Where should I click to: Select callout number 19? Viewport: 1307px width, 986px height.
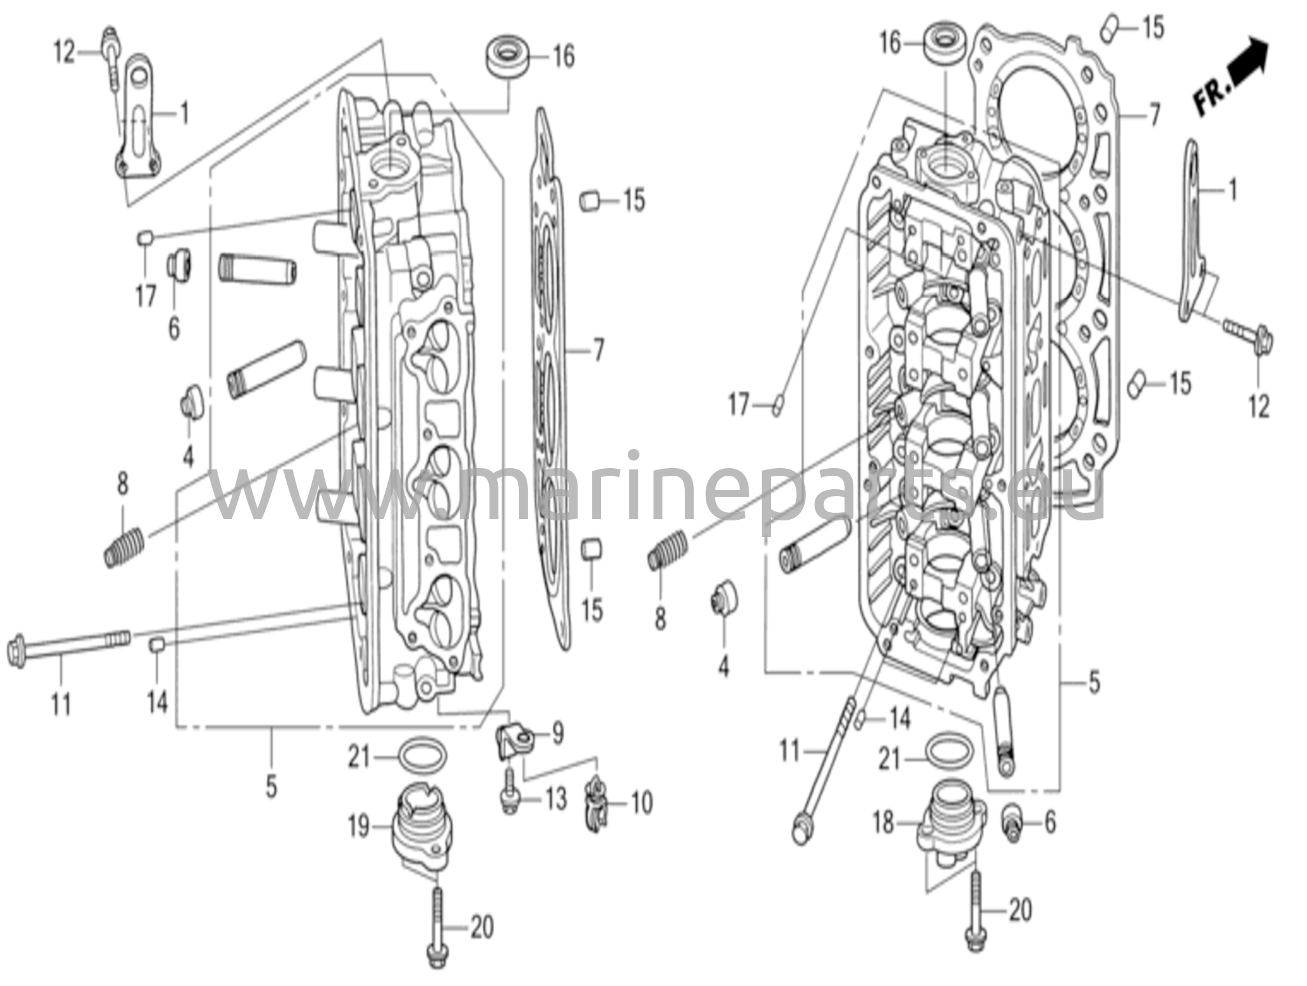click(x=359, y=827)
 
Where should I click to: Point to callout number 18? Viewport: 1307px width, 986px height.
click(x=885, y=823)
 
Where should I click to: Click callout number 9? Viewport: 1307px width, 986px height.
click(x=557, y=733)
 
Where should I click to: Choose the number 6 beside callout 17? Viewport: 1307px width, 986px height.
click(x=174, y=329)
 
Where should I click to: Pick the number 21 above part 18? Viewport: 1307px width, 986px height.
click(x=890, y=759)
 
